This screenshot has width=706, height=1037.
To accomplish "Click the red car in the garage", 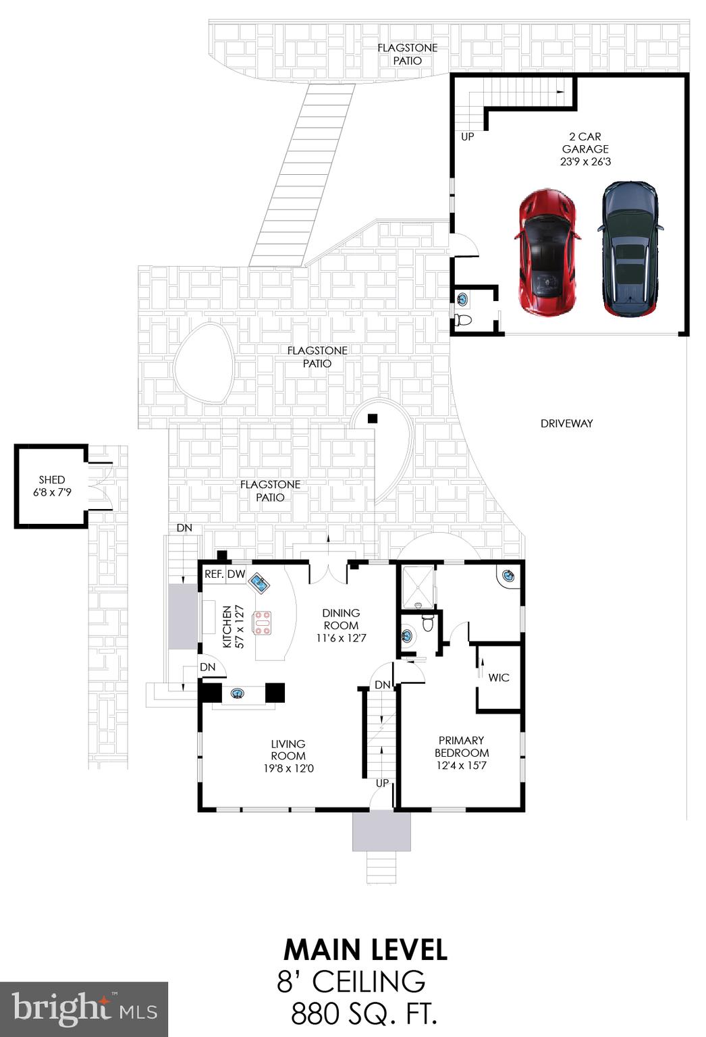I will click(547, 252).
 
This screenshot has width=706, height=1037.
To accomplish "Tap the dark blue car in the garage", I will click(629, 248).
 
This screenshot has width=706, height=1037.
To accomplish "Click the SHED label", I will click(52, 479).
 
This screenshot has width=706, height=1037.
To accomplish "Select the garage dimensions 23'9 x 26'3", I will click(585, 162).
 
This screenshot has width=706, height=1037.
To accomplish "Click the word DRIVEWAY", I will click(566, 423).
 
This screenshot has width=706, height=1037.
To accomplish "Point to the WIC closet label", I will click(499, 677).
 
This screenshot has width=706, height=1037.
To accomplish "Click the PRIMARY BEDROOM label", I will click(462, 746).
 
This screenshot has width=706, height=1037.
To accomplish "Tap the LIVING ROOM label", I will click(288, 749).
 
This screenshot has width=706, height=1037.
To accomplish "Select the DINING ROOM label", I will click(341, 619).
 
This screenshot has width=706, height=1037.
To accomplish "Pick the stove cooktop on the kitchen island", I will click(262, 622).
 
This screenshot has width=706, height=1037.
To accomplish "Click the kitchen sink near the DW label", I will click(259, 581).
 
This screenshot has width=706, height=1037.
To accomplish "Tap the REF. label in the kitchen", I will click(214, 575).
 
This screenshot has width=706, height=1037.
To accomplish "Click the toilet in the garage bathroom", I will click(464, 320).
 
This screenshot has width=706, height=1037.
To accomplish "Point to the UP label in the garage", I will click(467, 137).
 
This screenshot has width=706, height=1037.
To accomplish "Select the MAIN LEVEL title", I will click(365, 949).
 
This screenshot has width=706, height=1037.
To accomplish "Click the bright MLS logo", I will click(84, 1009).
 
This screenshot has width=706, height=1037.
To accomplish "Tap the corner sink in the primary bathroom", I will click(508, 575).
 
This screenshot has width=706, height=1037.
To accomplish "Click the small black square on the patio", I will click(372, 419).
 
